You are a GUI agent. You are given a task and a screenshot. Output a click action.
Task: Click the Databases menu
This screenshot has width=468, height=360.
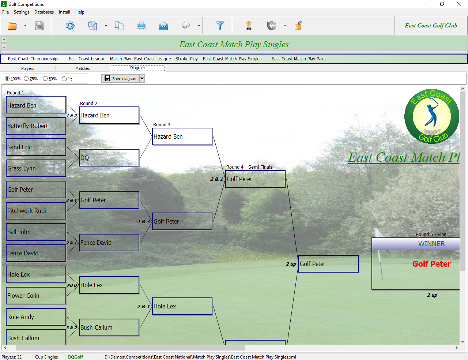click(44, 12)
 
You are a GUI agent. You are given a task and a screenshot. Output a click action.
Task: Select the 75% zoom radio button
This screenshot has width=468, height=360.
click(26, 79)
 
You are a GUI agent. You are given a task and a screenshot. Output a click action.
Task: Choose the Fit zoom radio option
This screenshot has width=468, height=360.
click(64, 79)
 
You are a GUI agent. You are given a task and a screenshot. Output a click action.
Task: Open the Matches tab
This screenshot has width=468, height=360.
click(83, 68)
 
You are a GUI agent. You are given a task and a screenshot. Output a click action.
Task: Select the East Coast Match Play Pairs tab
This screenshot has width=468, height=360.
click(298, 59)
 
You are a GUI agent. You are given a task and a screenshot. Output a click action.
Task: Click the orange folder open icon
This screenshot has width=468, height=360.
click(12, 26)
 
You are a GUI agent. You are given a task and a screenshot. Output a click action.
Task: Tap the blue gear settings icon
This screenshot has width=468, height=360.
click(70, 26)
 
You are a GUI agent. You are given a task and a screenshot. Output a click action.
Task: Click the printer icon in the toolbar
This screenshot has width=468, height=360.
click(141, 26)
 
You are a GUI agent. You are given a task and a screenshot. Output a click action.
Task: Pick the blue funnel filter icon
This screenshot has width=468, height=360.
click(220, 26)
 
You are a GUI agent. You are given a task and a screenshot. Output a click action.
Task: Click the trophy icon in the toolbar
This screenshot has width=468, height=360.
click(249, 26)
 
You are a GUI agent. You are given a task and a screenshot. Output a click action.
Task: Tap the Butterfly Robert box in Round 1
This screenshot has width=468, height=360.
click(36, 126)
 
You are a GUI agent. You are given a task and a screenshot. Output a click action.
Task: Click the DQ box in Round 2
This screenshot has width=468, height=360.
click(109, 158)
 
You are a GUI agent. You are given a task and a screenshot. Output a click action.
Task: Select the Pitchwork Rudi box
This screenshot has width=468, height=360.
click(36, 211)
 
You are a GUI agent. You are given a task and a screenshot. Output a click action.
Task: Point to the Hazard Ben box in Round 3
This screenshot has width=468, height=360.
click(182, 136)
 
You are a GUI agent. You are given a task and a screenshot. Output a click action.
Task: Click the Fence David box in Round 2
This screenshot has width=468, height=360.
click(109, 243)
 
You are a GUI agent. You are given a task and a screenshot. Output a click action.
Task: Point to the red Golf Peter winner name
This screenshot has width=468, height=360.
click(431, 264)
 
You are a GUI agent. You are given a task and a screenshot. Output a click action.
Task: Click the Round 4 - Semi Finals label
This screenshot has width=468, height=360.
click(249, 167)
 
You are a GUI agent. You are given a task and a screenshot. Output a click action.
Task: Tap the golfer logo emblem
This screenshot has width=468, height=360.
click(431, 116)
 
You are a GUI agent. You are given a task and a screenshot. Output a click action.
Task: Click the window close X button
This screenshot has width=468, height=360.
click(459, 4)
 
